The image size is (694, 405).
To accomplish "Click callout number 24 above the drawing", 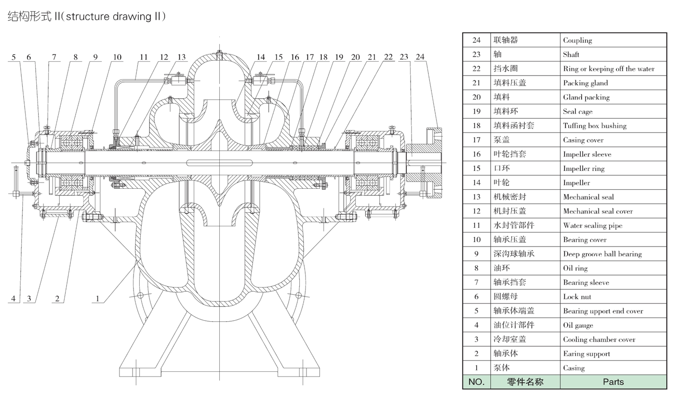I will click(420, 57).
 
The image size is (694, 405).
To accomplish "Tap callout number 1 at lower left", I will click(97, 299).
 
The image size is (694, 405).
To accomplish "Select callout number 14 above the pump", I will click(261, 57).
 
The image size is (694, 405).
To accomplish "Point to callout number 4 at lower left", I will click(13, 299).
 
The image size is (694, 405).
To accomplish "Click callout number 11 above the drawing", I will click(144, 57).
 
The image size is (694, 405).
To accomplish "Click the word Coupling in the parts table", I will click(577, 40).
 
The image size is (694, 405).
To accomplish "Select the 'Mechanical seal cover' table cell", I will click(598, 211).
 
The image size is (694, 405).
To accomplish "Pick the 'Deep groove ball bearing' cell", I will click(602, 254).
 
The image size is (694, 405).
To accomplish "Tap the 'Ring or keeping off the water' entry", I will click(609, 69).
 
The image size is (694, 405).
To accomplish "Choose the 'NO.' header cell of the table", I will click(476, 382).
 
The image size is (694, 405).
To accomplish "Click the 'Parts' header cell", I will click(613, 382).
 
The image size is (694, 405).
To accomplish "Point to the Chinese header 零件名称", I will click(525, 382).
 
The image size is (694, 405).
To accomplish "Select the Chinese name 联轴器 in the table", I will click(506, 40).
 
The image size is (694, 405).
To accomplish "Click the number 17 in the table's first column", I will click(476, 140).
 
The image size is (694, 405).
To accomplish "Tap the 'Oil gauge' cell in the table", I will click(578, 326).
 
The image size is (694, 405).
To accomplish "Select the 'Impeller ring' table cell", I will click(584, 169).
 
